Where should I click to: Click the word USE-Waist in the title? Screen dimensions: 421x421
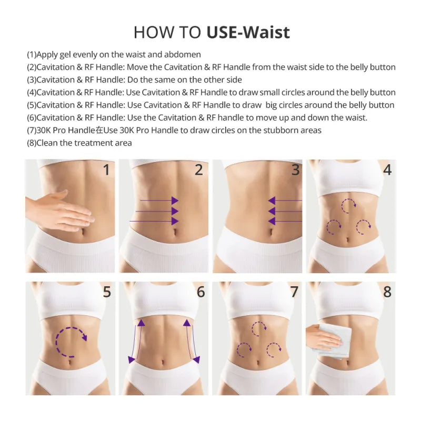(248, 32)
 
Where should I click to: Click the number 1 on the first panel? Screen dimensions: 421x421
(106, 170)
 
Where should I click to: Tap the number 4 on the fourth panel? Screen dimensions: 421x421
(387, 170)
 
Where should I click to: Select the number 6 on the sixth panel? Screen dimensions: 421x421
(201, 292)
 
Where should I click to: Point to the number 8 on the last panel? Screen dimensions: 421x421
(387, 292)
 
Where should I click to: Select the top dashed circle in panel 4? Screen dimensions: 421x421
(348, 205)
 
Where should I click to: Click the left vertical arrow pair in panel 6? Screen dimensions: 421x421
(136, 340)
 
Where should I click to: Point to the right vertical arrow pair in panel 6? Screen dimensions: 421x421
(191, 340)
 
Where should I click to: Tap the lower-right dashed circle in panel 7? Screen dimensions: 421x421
(274, 349)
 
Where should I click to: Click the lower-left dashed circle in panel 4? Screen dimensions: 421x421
(334, 227)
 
